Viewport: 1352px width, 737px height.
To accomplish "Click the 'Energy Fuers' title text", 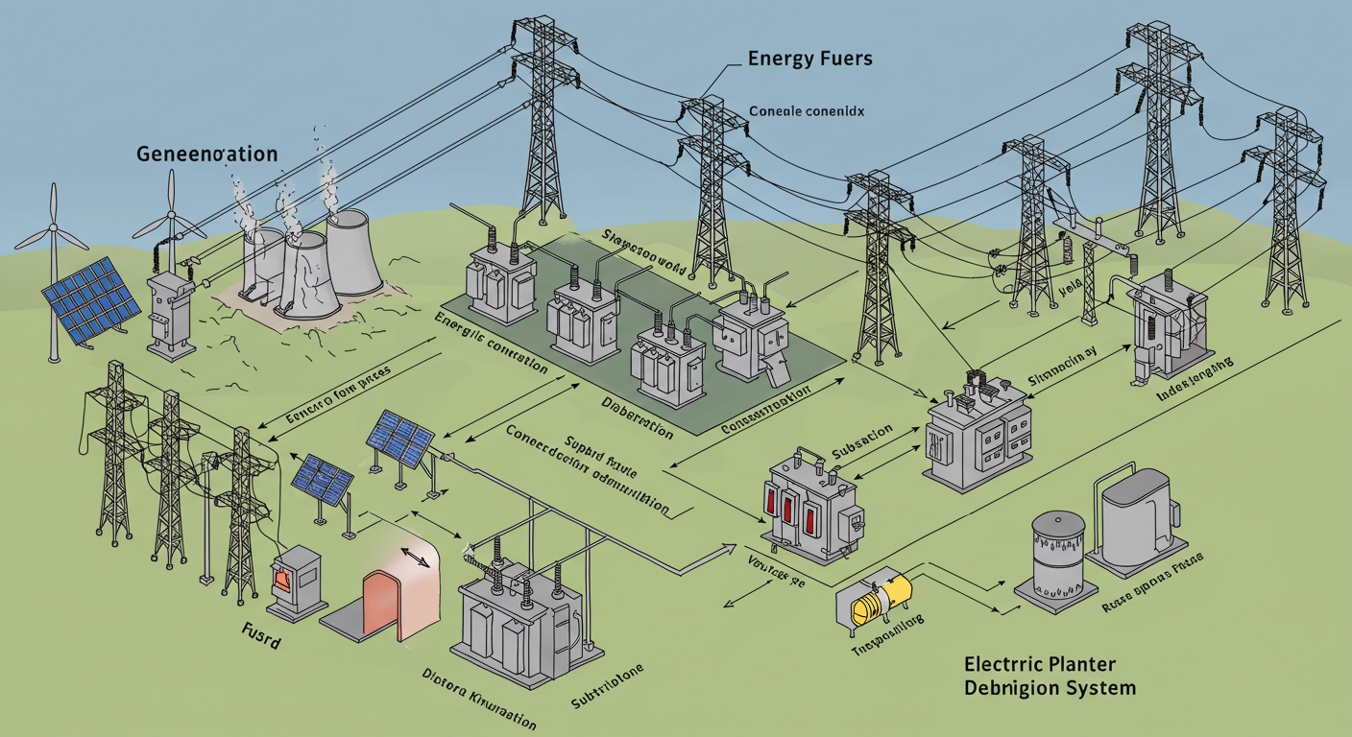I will tap(809, 59).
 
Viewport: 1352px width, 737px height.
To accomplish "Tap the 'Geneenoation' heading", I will tap(207, 154).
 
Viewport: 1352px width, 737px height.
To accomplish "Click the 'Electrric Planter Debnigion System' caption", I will tap(1050, 676).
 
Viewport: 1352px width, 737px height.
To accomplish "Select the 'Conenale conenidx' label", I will tap(806, 111).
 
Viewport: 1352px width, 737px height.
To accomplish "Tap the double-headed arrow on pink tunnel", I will tap(414, 556).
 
